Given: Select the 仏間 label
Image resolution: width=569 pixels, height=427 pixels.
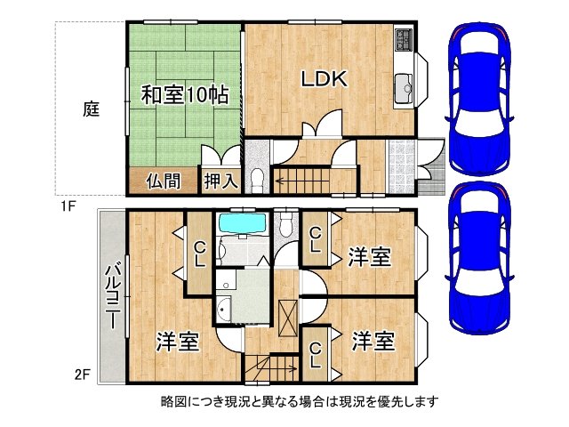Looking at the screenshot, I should click(x=164, y=181).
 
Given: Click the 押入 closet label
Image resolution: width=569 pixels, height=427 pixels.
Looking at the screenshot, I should click(x=220, y=181).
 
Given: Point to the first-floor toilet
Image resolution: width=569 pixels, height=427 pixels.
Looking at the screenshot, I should click(x=256, y=177).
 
